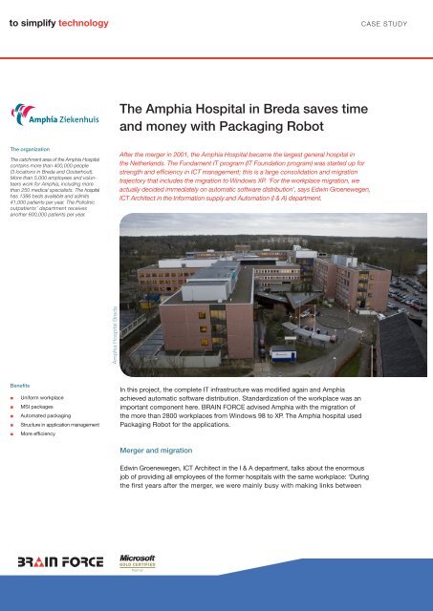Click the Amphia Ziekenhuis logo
tap(47, 119)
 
